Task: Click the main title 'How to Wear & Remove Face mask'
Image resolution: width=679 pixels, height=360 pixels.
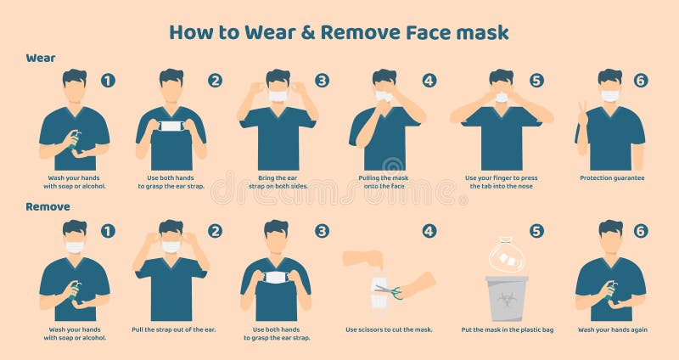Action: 339,32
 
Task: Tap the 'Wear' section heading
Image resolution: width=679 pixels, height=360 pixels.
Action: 41,58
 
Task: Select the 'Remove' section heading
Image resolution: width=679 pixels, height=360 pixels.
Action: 48,206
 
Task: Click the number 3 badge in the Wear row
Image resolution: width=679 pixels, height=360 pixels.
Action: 322,81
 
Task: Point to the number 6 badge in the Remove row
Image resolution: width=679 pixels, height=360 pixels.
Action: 640,231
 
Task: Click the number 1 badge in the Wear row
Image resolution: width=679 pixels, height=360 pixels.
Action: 108,81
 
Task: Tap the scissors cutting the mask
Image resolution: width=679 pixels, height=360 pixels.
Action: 387,291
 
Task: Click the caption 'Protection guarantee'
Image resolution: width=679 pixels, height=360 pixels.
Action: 612,178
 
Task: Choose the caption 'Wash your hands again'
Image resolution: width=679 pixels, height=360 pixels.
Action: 610,329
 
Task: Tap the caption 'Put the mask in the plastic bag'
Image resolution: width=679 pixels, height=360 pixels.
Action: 507,329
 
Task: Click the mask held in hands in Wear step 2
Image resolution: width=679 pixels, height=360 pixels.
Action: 171,127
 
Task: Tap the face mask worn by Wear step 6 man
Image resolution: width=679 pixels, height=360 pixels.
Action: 609,96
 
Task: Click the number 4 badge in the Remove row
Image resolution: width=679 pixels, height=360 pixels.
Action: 429,231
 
